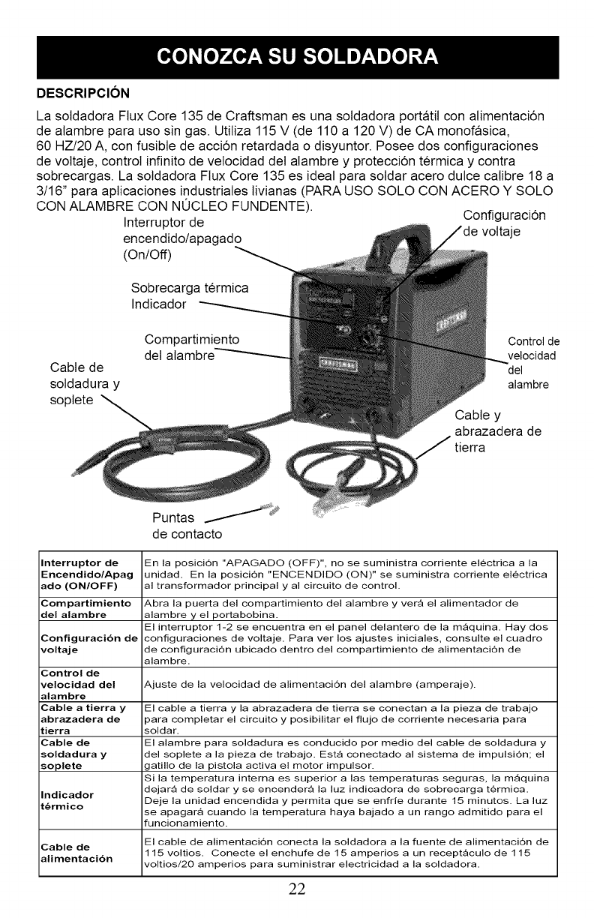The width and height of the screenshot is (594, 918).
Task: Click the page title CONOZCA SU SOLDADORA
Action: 296,56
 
